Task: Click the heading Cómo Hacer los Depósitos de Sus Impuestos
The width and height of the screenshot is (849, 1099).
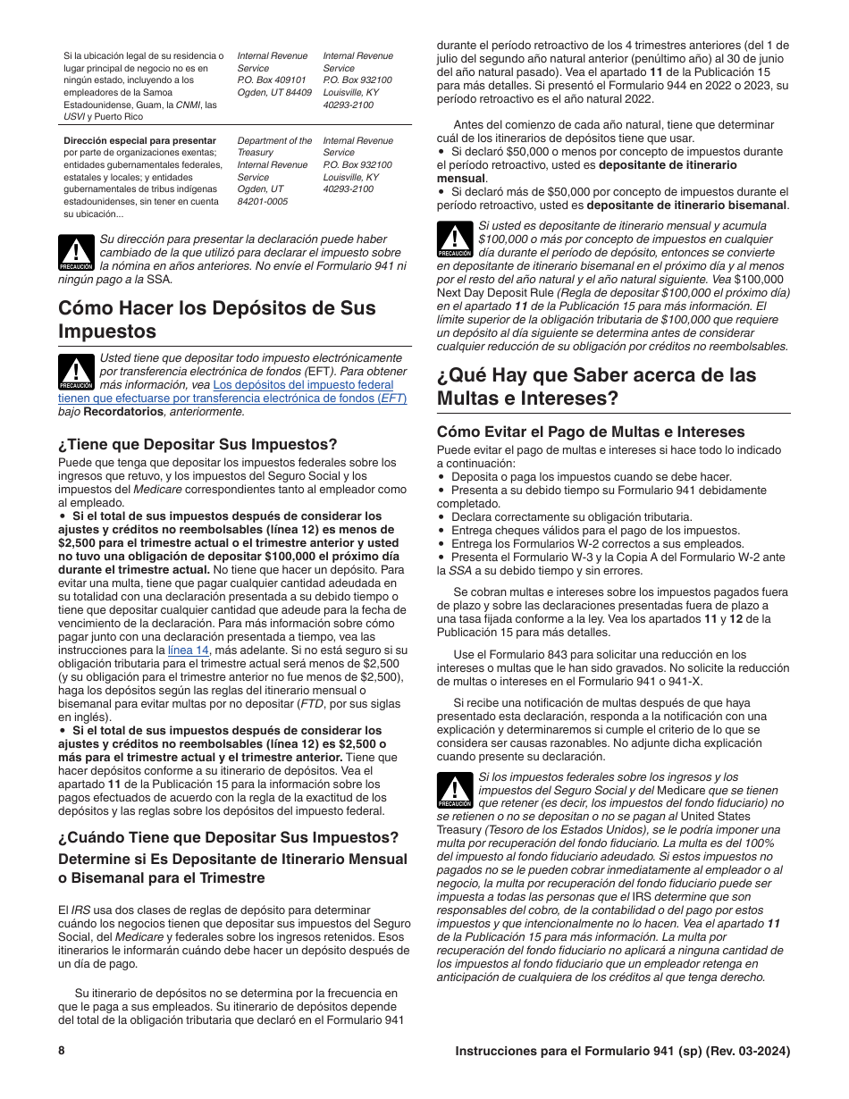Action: click(217, 319)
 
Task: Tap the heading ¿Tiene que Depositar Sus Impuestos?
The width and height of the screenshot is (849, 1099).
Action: click(198, 444)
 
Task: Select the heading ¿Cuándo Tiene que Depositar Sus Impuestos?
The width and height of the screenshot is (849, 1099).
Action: click(228, 837)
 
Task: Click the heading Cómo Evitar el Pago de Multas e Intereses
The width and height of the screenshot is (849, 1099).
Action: click(590, 432)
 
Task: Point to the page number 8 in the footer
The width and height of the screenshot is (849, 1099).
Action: click(62, 1051)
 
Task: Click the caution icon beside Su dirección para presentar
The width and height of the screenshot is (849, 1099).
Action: click(76, 254)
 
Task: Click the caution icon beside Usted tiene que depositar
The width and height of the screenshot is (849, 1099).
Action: click(76, 372)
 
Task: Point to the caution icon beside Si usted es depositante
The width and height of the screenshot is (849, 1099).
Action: click(455, 239)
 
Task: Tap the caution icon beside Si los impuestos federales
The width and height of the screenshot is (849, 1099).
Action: click(455, 791)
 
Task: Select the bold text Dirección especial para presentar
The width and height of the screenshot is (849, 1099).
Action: click(139, 141)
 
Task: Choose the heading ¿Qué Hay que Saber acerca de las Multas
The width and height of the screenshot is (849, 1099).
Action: click(596, 385)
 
